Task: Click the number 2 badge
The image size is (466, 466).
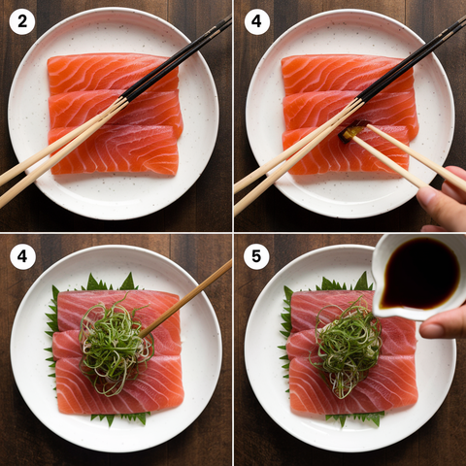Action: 22,21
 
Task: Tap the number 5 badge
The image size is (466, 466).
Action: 256,256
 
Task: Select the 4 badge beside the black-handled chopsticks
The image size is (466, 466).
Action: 256,21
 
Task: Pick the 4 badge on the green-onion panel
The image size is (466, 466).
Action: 22,256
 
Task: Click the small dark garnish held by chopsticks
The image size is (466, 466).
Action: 352,131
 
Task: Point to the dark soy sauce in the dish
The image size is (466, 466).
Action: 420,274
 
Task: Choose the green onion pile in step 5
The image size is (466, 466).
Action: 347,347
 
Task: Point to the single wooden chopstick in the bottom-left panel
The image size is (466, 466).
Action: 185,299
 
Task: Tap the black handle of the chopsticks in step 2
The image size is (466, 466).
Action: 177,58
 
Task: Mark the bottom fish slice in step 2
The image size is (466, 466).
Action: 114,150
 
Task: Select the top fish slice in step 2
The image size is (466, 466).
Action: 113,73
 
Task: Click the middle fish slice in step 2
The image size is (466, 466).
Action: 116,109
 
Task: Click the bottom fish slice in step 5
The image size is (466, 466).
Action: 352,385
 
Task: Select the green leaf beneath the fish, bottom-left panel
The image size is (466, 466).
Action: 119,418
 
